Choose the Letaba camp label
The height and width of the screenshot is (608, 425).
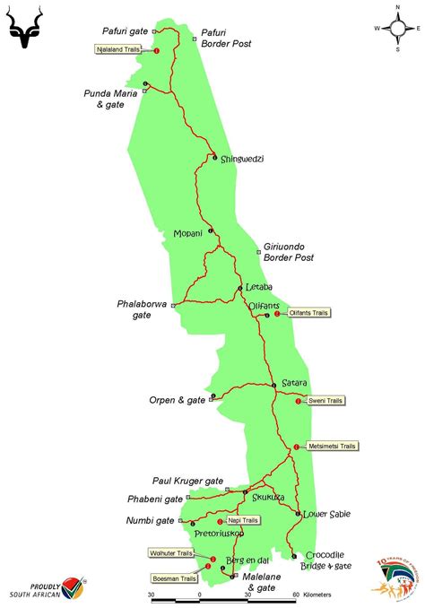[x=258, y=287]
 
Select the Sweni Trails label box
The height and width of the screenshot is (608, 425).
[x=325, y=401]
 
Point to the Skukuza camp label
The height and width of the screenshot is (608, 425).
[x=268, y=496]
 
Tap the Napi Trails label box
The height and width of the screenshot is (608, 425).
[x=243, y=520]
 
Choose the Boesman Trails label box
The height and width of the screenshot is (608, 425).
[x=175, y=579]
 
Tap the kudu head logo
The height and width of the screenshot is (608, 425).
[x=30, y=27]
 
